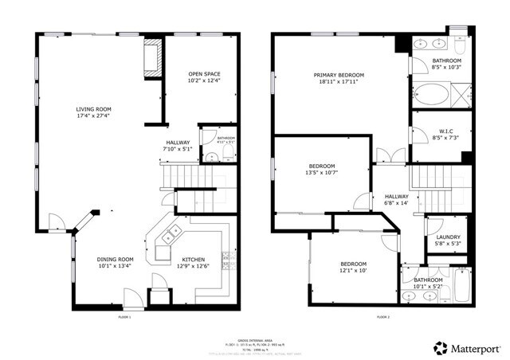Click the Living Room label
[x=94, y=109]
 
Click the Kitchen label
[x=193, y=259]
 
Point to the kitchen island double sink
[x=169, y=237]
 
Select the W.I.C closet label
[x=446, y=131]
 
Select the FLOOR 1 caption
[x=124, y=317]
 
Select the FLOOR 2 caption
[x=382, y=317]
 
